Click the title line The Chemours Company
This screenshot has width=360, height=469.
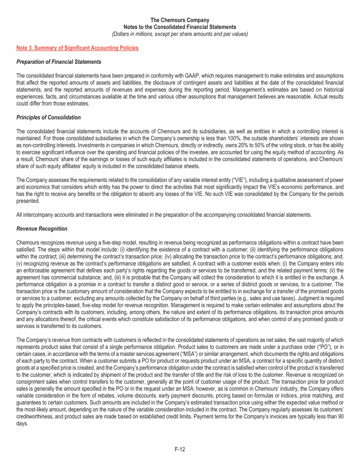coord(180,21)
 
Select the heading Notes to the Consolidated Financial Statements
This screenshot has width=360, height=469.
coord(180,27)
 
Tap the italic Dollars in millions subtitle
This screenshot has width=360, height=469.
coord(180,34)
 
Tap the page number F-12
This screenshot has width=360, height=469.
coord(180,449)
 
